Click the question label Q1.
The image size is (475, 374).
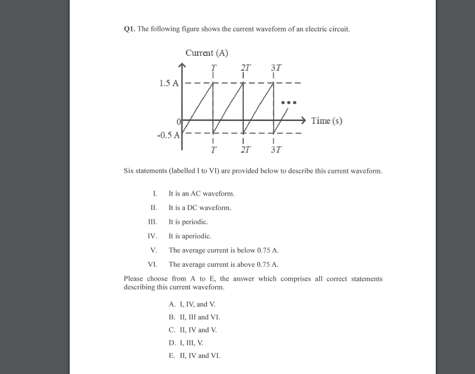coord(129,29)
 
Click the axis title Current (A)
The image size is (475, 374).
coord(207,53)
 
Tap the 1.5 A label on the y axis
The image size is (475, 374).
coord(169,83)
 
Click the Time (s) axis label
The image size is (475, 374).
coord(326,120)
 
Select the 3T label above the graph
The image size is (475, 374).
coord(276,68)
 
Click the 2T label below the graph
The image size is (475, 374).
coord(245,149)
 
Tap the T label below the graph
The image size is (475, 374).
coord(213,149)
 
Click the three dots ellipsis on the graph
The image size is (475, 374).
coord(289,102)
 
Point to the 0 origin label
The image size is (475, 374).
coord(179,121)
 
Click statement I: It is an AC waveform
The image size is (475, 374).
coord(201,193)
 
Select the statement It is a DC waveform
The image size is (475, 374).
coord(200,208)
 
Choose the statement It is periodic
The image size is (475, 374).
coord(188,222)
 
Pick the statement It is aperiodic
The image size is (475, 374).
coord(190,236)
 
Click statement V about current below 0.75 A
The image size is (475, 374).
coord(223,250)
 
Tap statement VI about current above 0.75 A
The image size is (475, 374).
coord(223,265)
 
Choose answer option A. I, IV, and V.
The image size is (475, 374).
coord(192,304)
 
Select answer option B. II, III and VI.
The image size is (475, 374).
coord(194,317)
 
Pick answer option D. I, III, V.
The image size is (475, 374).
coord(186,343)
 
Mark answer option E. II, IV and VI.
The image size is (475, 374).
coord(194,356)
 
